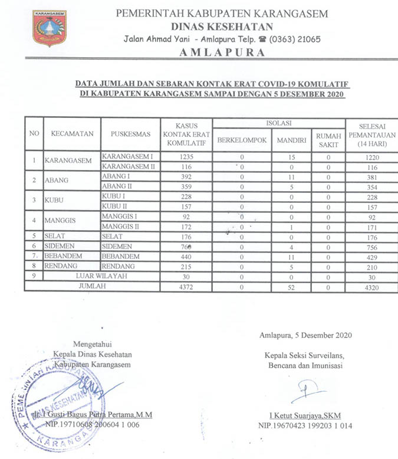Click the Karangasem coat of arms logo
tap(50, 28)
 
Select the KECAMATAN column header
tap(72, 134)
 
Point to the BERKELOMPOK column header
tap(242, 140)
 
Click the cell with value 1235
tap(186, 157)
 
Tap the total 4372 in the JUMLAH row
tap(186, 286)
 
